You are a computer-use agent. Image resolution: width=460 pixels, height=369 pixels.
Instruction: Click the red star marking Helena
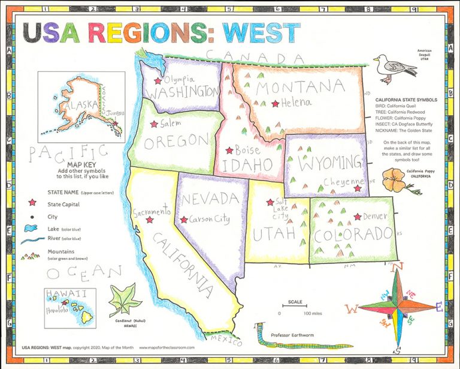[x=275, y=104]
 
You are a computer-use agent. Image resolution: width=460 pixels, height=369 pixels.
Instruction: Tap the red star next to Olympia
[x=158, y=80]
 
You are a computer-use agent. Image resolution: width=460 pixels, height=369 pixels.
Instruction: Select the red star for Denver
[x=358, y=217]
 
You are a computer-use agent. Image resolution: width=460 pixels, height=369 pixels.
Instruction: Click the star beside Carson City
[x=183, y=220]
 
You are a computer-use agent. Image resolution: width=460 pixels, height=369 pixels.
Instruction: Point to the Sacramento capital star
[x=149, y=220]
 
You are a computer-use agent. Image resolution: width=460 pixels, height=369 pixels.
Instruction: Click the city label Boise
[x=247, y=150]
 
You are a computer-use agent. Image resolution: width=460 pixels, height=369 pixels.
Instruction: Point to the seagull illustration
[x=393, y=68]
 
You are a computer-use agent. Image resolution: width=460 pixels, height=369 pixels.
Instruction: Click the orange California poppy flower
[x=393, y=178]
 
